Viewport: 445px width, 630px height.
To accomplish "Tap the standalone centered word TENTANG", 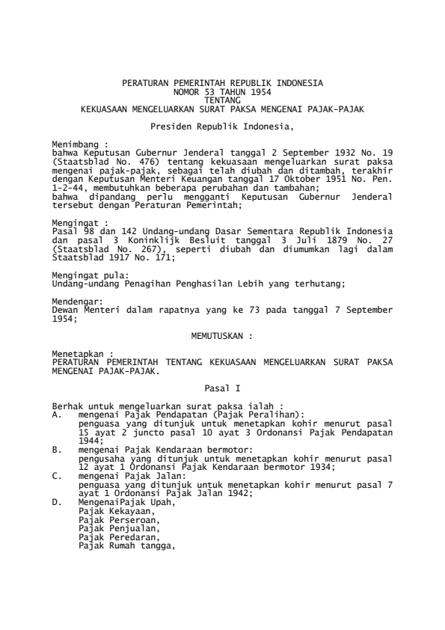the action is [222, 98].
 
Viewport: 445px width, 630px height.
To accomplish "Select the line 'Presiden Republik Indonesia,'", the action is [222, 126].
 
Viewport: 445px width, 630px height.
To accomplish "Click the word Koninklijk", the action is [168, 241].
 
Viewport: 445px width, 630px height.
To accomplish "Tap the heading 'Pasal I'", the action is [222, 389].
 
